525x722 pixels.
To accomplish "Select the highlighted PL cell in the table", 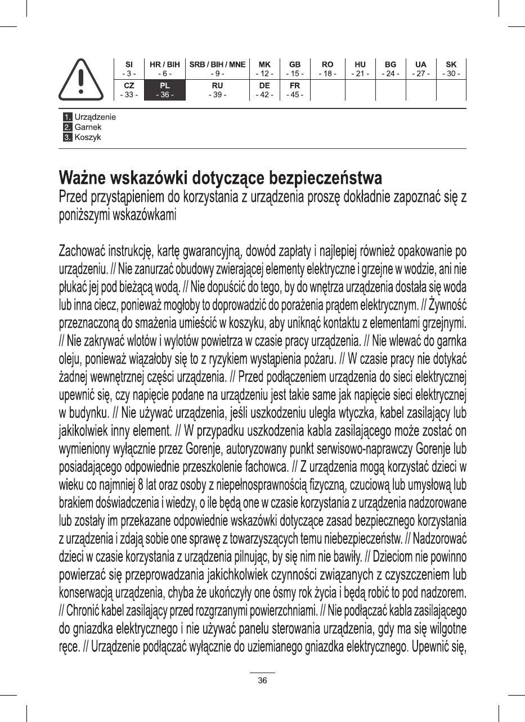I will click(x=165, y=90).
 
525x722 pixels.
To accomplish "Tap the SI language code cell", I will click(x=129, y=69).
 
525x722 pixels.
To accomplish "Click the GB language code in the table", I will click(x=295, y=69).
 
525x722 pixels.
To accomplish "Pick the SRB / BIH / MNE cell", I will click(x=218, y=69).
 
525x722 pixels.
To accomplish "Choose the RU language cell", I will click(x=218, y=90).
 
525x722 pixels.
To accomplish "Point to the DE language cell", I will click(x=264, y=90).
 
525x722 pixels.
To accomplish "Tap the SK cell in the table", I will click(x=451, y=69).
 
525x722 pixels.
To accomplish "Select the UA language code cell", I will click(x=420, y=69).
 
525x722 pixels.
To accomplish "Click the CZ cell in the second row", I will click(x=129, y=90).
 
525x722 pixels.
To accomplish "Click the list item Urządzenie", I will click(x=95, y=117).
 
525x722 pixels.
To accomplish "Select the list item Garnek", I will click(x=88, y=127).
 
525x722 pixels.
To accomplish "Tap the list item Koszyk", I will click(x=88, y=137).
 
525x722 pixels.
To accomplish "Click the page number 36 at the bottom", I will click(x=262, y=680).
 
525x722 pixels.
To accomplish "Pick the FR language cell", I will click(x=295, y=90).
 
